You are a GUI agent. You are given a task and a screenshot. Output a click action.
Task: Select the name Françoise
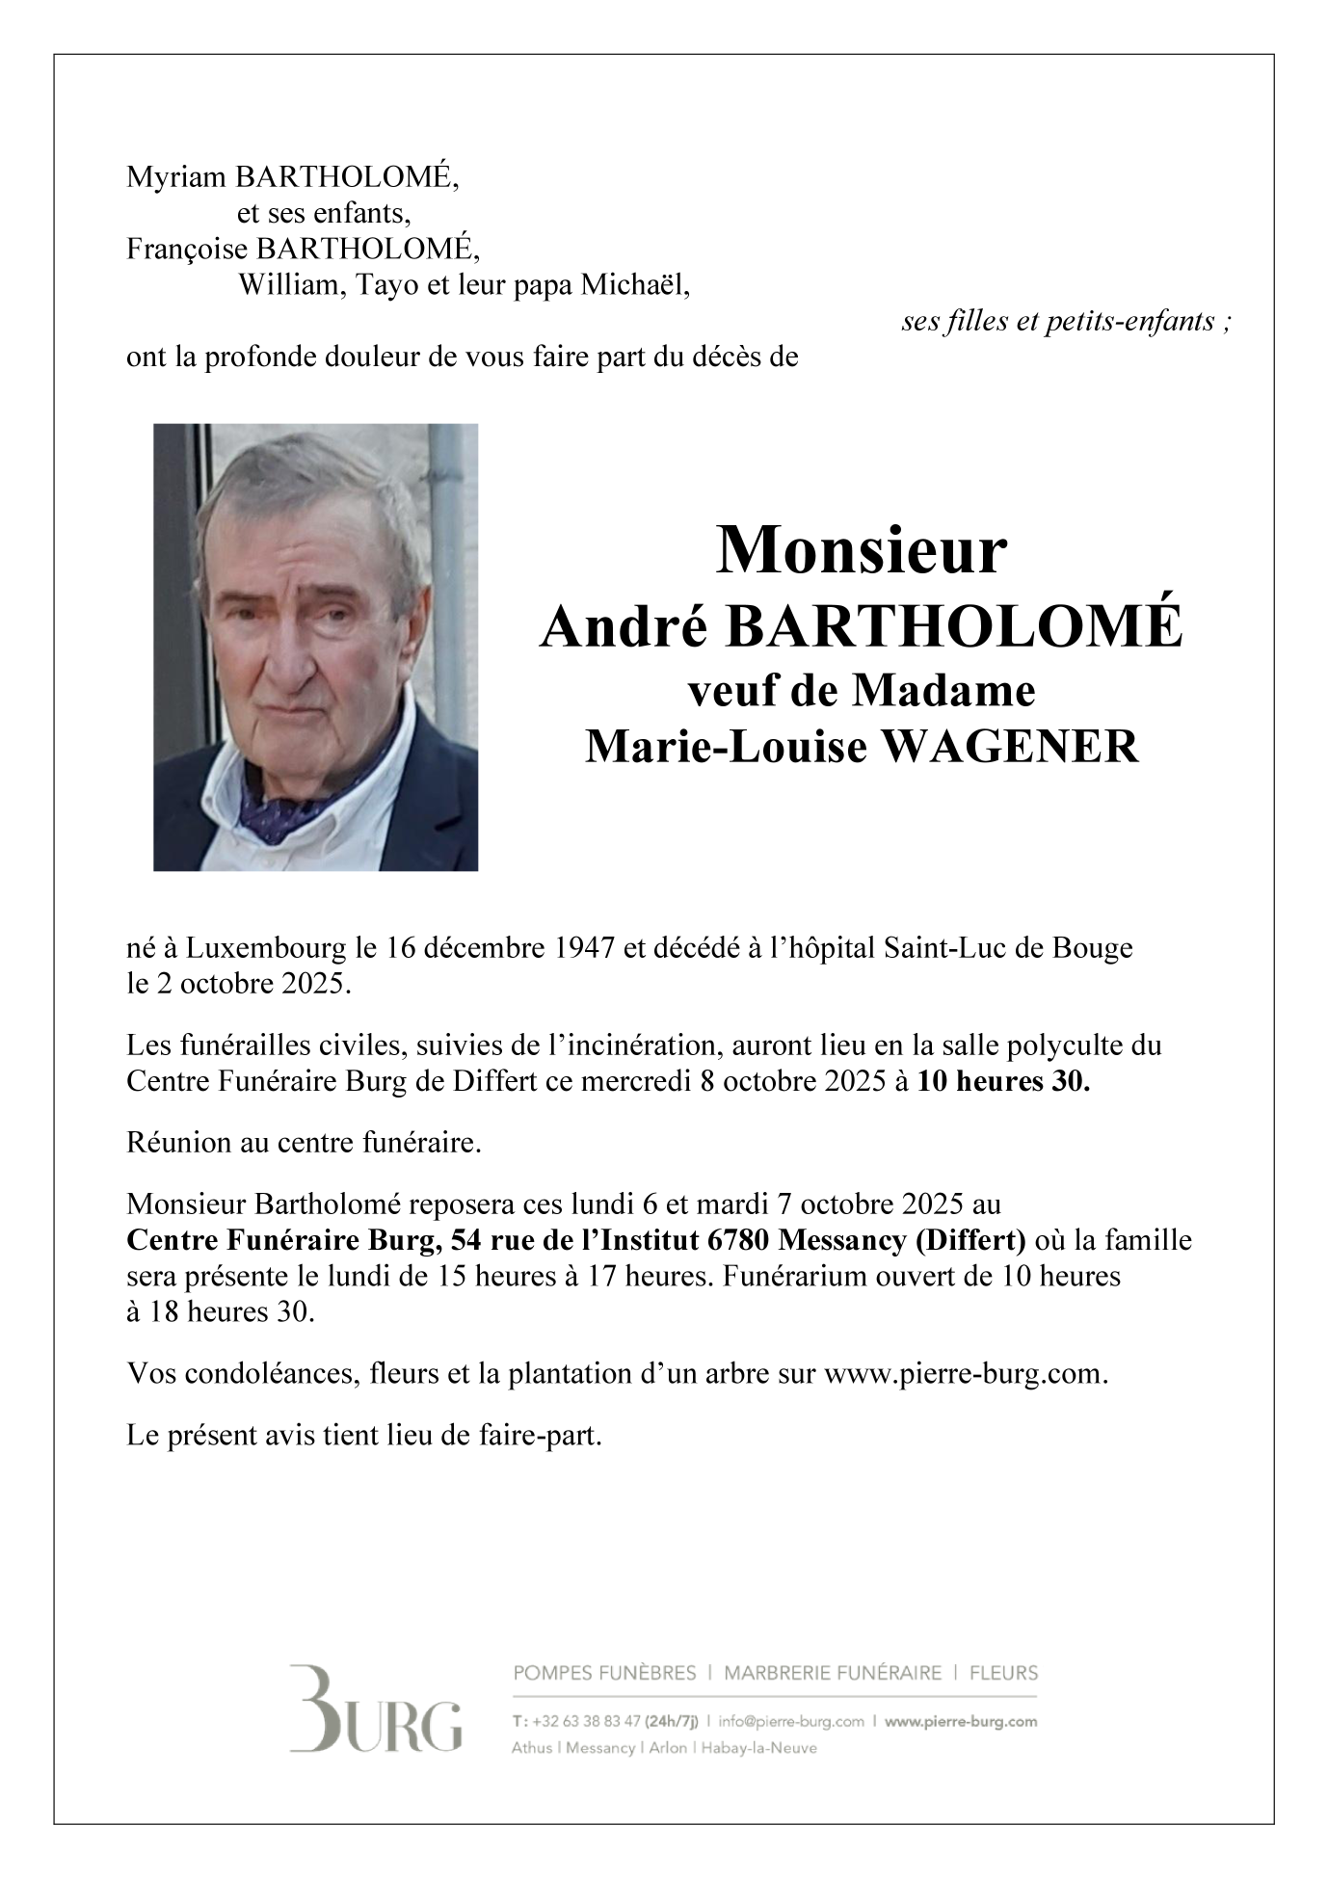188,250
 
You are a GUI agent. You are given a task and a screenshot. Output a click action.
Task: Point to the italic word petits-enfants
1134,322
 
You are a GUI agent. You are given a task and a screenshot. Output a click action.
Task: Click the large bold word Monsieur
861,551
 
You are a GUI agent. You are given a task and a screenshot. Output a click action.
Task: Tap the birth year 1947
585,949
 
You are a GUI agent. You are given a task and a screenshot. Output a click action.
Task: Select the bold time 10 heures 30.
1003,1082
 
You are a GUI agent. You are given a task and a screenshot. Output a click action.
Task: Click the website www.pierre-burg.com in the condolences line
963,1374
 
